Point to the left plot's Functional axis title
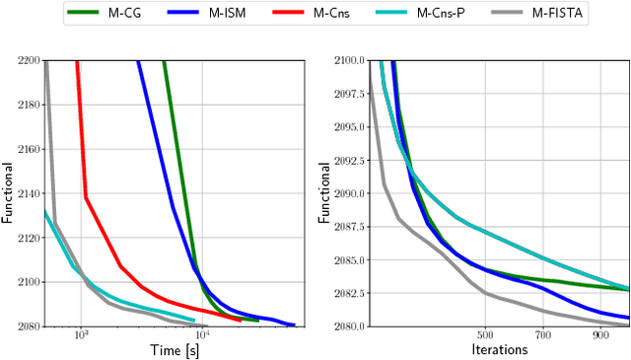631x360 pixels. pos(8,192)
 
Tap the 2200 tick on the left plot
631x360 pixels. pos(28,60)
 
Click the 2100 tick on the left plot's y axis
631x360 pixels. pos(28,282)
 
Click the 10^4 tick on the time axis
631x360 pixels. pos(202,336)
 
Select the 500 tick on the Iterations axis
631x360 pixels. pos(484,335)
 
